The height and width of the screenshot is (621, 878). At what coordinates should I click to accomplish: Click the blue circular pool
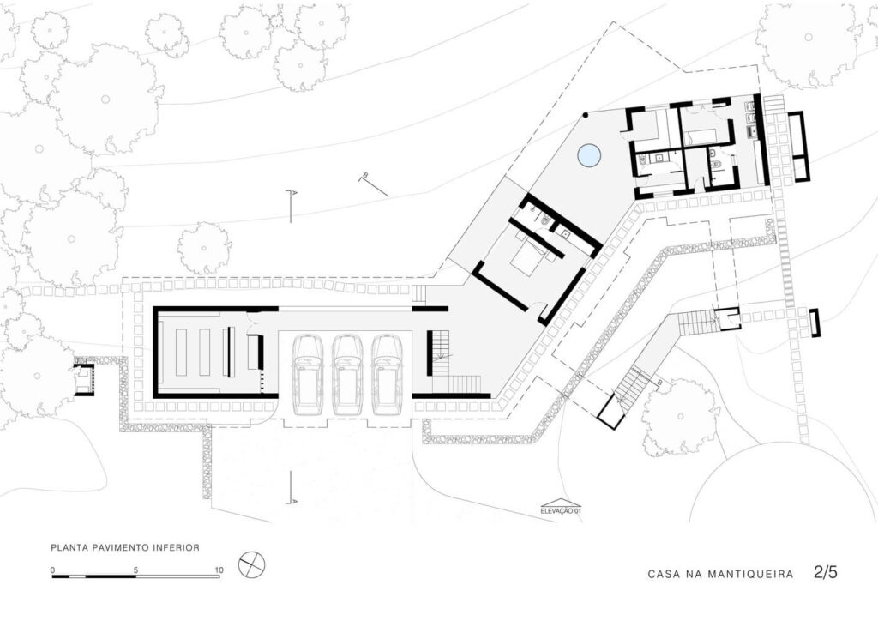click(588, 155)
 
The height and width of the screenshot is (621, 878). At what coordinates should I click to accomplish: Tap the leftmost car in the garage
click(308, 373)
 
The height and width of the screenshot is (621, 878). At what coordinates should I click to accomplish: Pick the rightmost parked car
click(388, 373)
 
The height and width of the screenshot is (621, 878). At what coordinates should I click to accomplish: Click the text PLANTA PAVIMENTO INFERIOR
click(125, 546)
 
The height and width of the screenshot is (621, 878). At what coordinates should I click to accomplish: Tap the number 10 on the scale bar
click(219, 570)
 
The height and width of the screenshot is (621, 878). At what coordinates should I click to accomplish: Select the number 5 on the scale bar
click(136, 570)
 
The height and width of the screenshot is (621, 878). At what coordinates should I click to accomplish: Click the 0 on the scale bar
click(53, 570)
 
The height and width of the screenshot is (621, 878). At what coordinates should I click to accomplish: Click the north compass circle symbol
click(252, 564)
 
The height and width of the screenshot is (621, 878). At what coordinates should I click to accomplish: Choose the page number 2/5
click(825, 573)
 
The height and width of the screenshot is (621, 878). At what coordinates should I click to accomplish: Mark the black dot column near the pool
click(585, 115)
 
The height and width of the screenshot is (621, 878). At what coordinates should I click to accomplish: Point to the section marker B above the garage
click(365, 178)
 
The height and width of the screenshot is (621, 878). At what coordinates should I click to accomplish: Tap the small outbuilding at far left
click(83, 378)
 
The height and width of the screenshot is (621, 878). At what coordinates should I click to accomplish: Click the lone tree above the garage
click(204, 247)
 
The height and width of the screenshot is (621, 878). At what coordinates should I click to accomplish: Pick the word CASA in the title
click(665, 574)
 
